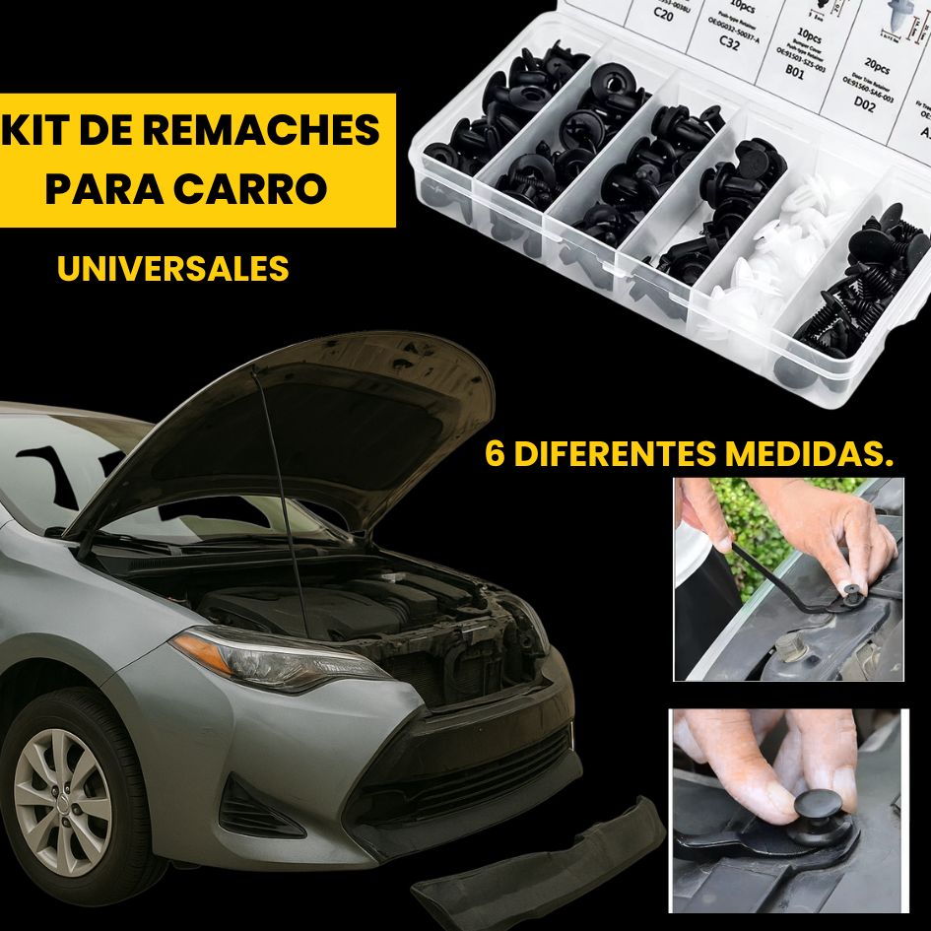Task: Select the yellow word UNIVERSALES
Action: (173, 269)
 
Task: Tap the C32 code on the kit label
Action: (729, 42)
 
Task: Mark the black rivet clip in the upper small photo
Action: (849, 591)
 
